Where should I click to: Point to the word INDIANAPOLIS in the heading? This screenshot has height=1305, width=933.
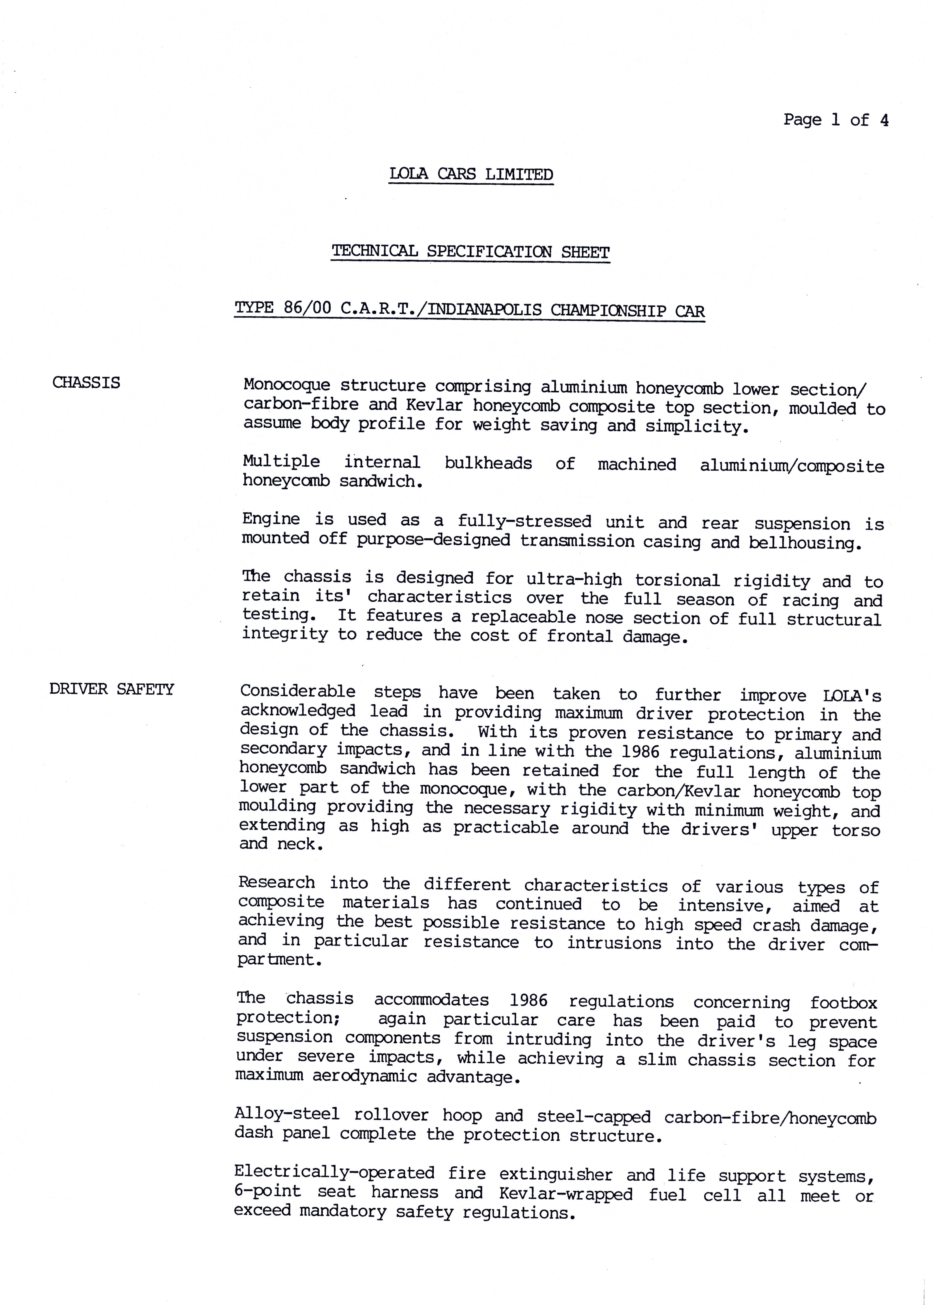click(484, 310)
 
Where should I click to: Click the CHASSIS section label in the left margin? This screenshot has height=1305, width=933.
click(86, 383)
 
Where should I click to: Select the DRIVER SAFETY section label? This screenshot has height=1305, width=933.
click(111, 689)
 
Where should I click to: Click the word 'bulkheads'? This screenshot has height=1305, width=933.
click(488, 463)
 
